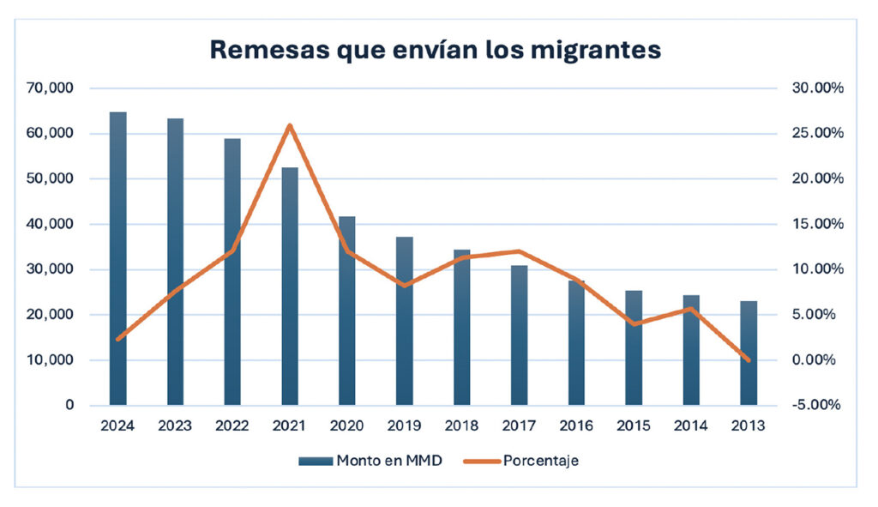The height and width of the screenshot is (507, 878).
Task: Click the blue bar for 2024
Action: (117, 257)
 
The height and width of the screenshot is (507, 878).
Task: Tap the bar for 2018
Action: (461, 327)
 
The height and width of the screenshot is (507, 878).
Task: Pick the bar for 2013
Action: (748, 353)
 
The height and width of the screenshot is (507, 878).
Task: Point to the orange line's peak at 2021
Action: (290, 126)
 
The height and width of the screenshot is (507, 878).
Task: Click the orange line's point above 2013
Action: (748, 360)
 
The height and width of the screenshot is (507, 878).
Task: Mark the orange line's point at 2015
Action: (634, 324)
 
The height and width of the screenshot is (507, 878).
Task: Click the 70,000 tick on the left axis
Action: (54, 88)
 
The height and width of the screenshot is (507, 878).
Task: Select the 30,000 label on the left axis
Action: (54, 269)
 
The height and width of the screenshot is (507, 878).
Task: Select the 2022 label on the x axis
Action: (232, 425)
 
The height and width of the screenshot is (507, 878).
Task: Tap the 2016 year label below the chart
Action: (576, 425)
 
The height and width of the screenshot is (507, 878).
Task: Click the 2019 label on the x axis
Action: (404, 425)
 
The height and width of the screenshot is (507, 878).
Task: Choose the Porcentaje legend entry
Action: (541, 461)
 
